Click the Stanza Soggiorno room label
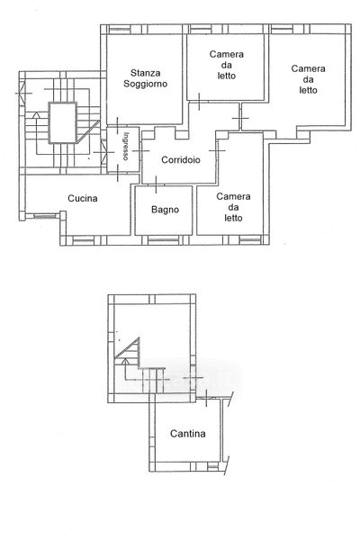click(x=146, y=78)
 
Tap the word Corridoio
click(x=181, y=160)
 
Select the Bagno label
click(x=165, y=210)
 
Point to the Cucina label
click(x=83, y=198)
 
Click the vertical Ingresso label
click(x=126, y=146)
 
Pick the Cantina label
click(x=188, y=433)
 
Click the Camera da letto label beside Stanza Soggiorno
click(x=226, y=65)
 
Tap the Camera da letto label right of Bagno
click(x=233, y=207)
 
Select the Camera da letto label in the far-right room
click(x=308, y=79)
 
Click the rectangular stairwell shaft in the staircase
click(x=62, y=122)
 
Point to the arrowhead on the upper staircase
click(x=36, y=115)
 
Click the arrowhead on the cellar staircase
click(x=125, y=361)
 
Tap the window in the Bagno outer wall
click(x=163, y=240)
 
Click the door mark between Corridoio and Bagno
click(x=156, y=184)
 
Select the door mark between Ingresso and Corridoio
click(x=141, y=151)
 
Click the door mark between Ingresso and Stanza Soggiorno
click(x=118, y=125)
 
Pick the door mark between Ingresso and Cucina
click(x=118, y=173)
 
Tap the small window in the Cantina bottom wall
click(x=213, y=467)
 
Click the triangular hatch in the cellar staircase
click(x=130, y=349)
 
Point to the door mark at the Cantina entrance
click(x=206, y=399)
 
